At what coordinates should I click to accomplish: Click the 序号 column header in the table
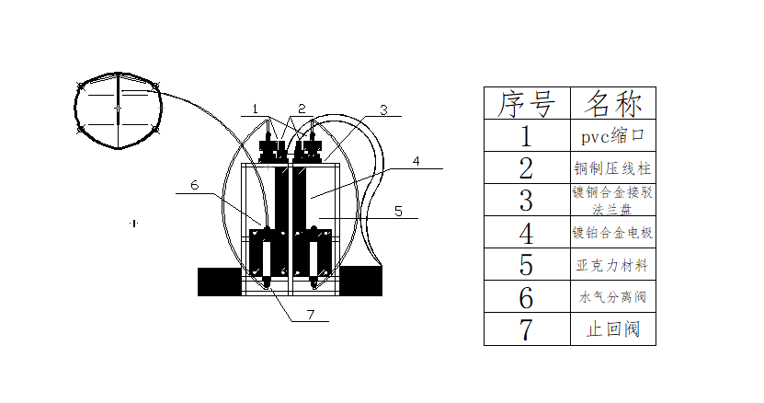[527, 103]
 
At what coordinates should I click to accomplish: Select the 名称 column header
[613, 103]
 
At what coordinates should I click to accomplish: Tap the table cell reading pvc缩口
[613, 135]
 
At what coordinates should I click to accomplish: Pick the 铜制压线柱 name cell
[613, 167]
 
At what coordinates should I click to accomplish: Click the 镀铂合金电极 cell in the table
[613, 232]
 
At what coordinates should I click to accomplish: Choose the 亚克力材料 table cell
[613, 264]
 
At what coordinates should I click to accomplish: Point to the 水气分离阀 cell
[613, 296]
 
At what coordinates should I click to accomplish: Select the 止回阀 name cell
[613, 328]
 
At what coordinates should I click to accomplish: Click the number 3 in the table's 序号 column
[527, 200]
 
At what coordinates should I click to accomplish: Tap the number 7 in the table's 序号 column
[527, 328]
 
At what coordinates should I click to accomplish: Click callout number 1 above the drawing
[257, 109]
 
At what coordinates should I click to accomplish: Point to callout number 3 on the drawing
[384, 109]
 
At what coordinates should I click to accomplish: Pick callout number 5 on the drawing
[397, 211]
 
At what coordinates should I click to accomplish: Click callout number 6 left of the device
[194, 185]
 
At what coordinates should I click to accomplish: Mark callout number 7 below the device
[311, 315]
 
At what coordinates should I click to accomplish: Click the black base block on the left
[220, 282]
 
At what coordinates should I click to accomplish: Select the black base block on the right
[360, 282]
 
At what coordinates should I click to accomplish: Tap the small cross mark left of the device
[133, 223]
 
